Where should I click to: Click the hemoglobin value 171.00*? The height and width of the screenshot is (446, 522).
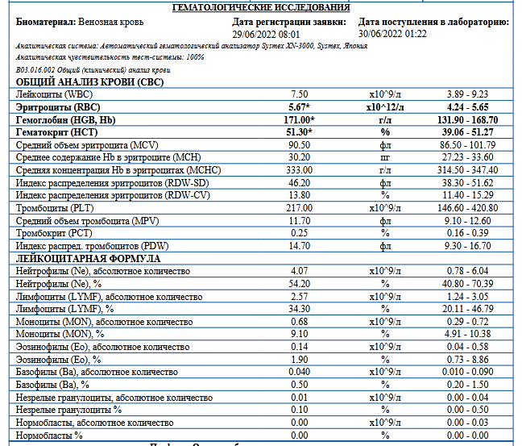pos(300,119)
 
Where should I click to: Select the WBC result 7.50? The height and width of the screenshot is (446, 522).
pos(300,94)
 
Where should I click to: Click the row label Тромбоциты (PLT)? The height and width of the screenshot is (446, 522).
pos(52,206)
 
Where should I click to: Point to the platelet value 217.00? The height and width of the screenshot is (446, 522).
pos(300,206)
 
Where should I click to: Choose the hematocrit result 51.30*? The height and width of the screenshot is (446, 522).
pos(300,131)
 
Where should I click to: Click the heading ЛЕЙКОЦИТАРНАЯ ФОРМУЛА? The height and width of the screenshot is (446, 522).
pos(88,258)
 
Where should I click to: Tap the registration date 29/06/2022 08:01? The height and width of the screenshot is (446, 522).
pos(265,35)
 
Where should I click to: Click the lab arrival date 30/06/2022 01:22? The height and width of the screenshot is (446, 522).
pos(392,35)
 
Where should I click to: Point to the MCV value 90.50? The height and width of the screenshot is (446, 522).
pos(300,144)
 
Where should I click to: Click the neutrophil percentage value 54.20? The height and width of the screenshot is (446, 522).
pos(300,284)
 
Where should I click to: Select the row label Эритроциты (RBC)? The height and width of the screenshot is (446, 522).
pos(55,106)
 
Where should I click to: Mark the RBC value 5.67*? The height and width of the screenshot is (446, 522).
pos(300,106)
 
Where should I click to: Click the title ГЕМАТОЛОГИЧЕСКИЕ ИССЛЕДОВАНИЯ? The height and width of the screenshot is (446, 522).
pos(261,7)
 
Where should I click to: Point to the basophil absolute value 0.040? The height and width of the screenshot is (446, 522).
pos(300,372)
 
